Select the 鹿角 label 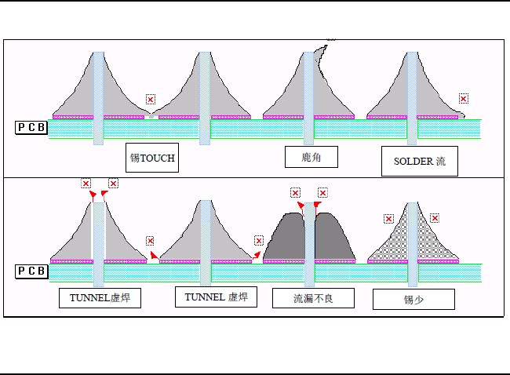pyautogui.click(x=311, y=158)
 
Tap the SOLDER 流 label pyautogui.click(x=419, y=162)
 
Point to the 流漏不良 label pyautogui.click(x=313, y=298)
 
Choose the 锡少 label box pyautogui.click(x=413, y=299)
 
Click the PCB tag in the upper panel pyautogui.click(x=31, y=127)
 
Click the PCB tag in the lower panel pyautogui.click(x=31, y=271)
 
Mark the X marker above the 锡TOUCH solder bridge pyautogui.click(x=151, y=100)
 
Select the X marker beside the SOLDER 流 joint pyautogui.click(x=464, y=99)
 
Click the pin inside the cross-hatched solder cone pyautogui.click(x=413, y=235)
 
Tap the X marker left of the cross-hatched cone pyautogui.click(x=388, y=219)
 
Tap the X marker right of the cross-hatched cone pyautogui.click(x=435, y=217)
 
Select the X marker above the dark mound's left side pyautogui.click(x=295, y=192)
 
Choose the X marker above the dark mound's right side pyautogui.click(x=322, y=192)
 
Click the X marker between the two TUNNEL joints pyautogui.click(x=150, y=241)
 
